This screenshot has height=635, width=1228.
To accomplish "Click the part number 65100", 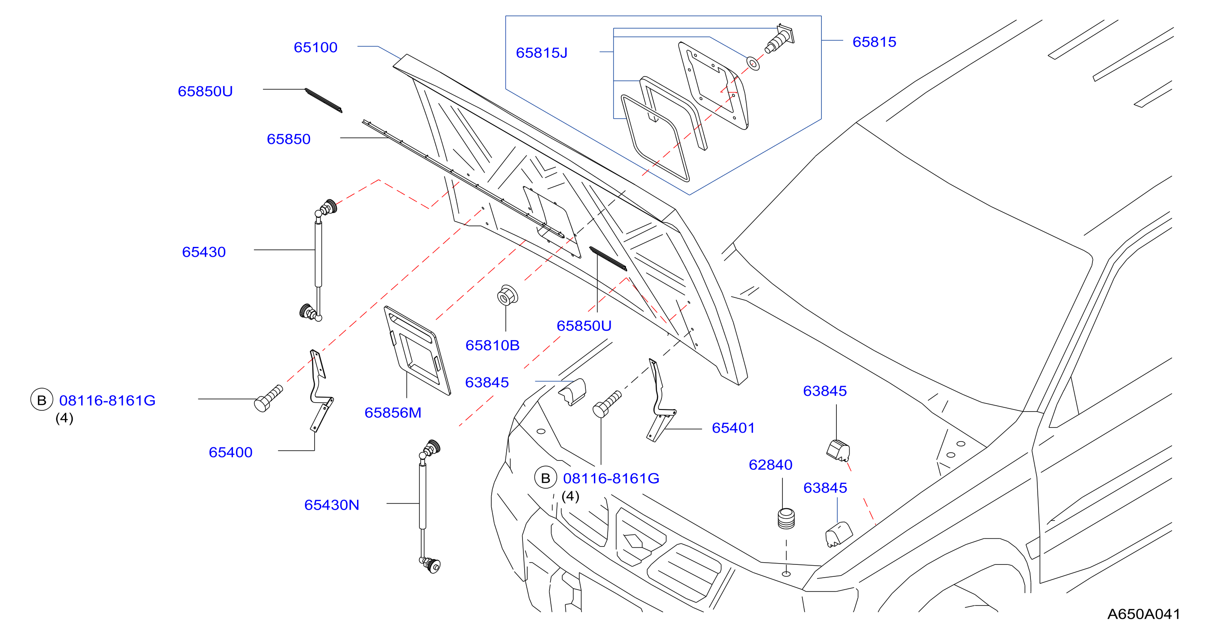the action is (x=316, y=47).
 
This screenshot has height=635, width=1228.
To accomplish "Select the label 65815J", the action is (x=542, y=53).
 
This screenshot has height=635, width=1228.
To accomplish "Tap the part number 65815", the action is (x=874, y=42).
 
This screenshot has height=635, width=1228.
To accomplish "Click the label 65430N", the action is (x=332, y=505).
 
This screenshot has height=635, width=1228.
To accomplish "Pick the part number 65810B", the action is (x=493, y=345).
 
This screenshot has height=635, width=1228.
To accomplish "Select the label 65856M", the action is (x=393, y=412).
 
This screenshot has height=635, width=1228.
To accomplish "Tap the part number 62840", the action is (x=770, y=464).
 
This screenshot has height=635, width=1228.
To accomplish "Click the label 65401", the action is (x=733, y=427).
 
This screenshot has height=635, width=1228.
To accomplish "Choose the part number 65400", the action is (x=231, y=452).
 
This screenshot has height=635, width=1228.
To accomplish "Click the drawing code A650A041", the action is (x=1144, y=614).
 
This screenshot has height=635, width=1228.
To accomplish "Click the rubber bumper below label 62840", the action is (x=786, y=519).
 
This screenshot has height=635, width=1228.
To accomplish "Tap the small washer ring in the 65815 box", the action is (x=753, y=63).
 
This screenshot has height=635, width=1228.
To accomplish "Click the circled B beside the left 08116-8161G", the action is (x=41, y=400).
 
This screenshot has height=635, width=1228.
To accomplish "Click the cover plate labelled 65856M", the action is (x=417, y=350).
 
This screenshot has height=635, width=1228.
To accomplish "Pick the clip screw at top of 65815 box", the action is (x=780, y=38).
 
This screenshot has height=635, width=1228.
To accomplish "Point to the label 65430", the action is (x=204, y=252).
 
